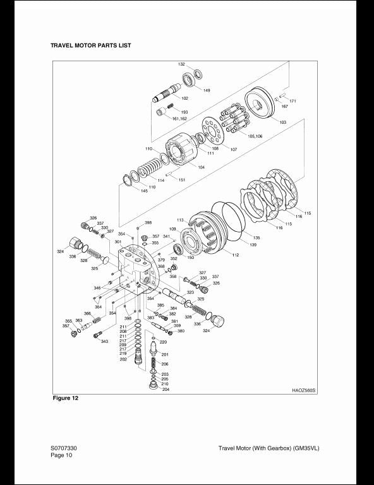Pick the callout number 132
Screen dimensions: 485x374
point(181,64)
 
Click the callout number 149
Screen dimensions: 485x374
point(207,90)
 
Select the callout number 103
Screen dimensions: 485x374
point(282,122)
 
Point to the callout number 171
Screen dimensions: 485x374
point(293,101)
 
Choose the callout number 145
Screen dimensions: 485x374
point(145,190)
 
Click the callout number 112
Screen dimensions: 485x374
point(235,254)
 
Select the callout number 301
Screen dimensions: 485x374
point(118,242)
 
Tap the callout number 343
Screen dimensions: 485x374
point(105,342)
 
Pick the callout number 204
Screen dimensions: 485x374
point(166,390)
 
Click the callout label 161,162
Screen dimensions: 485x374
point(180,119)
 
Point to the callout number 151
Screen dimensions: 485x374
point(182,180)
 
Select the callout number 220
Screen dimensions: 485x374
point(163,342)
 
